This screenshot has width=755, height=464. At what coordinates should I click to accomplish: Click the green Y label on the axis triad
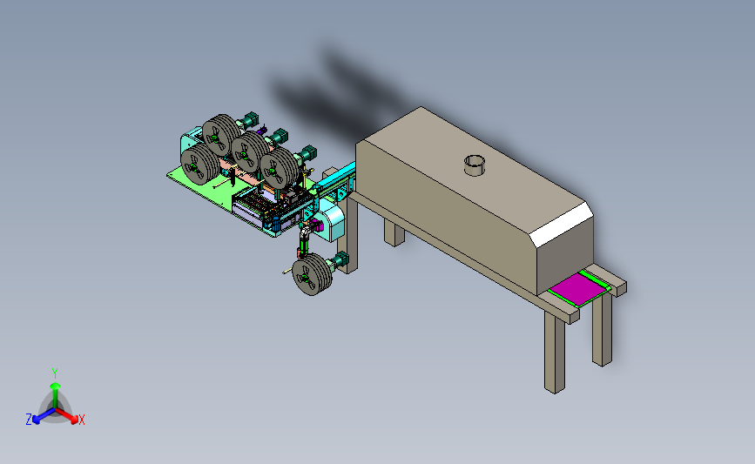coord(55,373)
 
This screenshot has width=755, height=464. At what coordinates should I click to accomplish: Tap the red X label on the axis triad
coord(81,420)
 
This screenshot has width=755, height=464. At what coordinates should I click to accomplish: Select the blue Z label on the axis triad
coord(29,420)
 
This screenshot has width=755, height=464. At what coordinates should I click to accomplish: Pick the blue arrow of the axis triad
coord(44,416)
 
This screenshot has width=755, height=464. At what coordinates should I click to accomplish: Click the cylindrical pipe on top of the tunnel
coord(475,165)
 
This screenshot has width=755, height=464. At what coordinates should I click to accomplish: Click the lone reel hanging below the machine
coord(312,274)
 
